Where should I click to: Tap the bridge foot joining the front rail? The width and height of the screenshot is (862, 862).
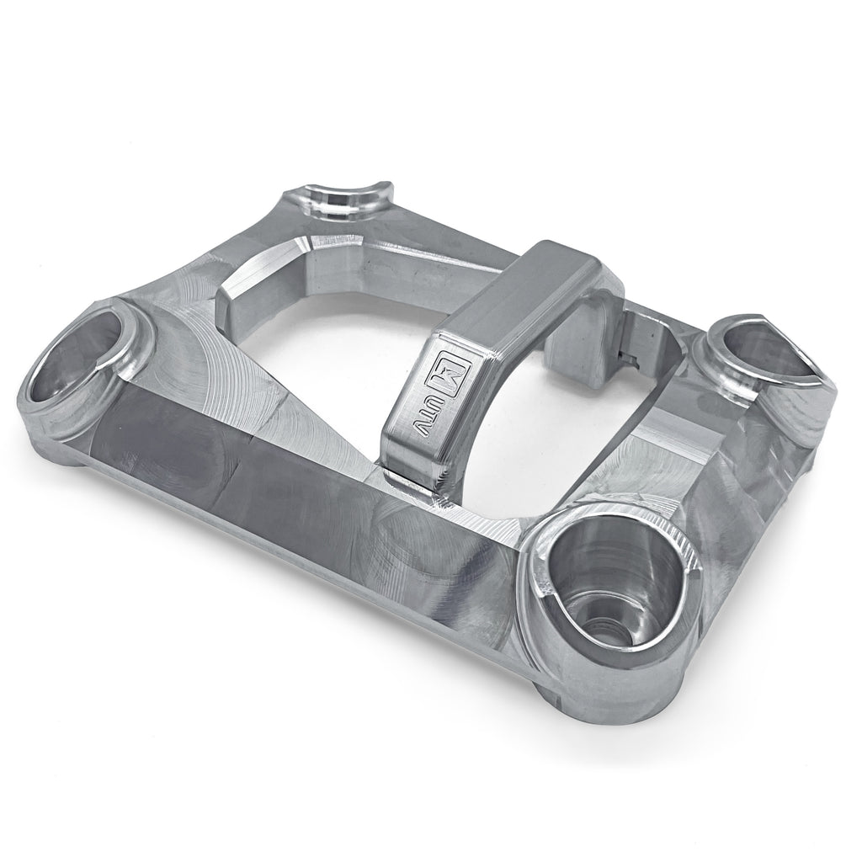point(412,480)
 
